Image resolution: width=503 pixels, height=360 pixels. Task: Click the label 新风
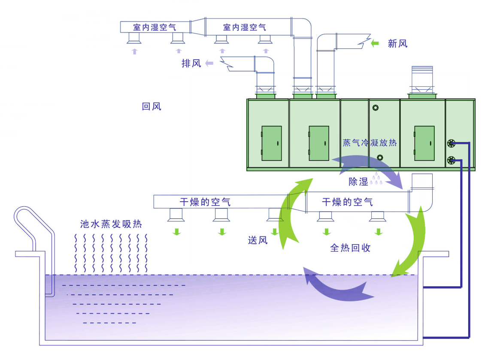click(x=397, y=43)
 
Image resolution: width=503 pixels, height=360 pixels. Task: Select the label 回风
click(x=152, y=106)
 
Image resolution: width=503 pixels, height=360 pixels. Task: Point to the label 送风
click(x=258, y=240)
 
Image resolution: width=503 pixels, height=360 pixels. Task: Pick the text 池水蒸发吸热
click(x=111, y=224)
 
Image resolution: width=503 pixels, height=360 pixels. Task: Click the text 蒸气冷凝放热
click(x=370, y=143)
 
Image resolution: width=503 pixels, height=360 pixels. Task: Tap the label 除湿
click(x=358, y=182)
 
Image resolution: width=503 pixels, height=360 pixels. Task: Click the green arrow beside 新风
click(x=375, y=43)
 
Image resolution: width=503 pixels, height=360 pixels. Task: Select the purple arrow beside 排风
click(x=209, y=64)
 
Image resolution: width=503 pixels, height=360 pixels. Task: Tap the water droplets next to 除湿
click(x=376, y=179)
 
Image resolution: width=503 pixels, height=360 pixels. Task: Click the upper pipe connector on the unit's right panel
click(x=451, y=143)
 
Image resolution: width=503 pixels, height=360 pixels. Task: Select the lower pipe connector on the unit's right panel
click(x=451, y=160)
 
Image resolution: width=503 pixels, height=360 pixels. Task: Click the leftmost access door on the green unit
click(x=272, y=143)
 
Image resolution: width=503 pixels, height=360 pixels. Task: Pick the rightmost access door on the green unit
click(x=424, y=143)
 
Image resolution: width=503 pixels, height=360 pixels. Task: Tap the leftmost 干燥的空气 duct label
click(x=205, y=202)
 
